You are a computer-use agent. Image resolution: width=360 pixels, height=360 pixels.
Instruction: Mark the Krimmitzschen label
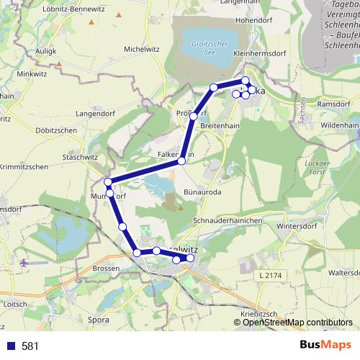24,167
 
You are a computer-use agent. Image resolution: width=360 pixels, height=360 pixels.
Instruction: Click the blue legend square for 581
11,346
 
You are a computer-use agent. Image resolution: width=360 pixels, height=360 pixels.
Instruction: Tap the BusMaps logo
324,345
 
